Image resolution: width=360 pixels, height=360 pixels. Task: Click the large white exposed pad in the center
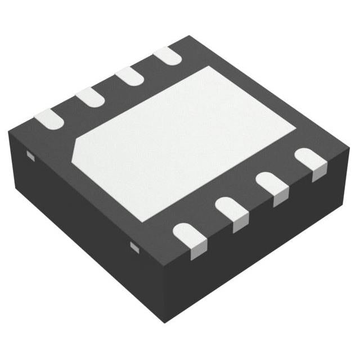coord(188,141)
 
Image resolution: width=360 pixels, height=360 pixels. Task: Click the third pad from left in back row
coord(130,76)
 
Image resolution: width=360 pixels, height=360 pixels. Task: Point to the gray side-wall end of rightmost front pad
coord(319,173)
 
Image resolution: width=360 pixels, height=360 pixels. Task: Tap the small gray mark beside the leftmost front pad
coord(134,246)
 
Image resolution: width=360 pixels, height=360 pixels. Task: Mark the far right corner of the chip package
coord(350,151)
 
